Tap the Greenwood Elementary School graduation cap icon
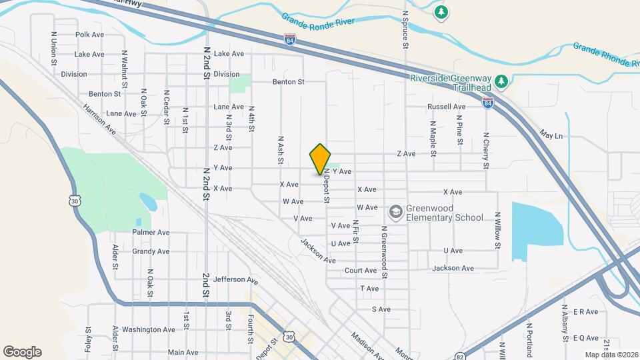[396, 211]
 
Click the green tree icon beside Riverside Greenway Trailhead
[505, 81]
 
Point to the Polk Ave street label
[90, 35]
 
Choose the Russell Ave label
[447, 107]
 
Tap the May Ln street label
[552, 135]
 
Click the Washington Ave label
[149, 329]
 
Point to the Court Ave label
[361, 271]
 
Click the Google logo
[22, 351]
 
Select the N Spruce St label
[405, 30]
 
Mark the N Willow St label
[497, 231]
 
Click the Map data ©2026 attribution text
[610, 355]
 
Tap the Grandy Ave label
[151, 251]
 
